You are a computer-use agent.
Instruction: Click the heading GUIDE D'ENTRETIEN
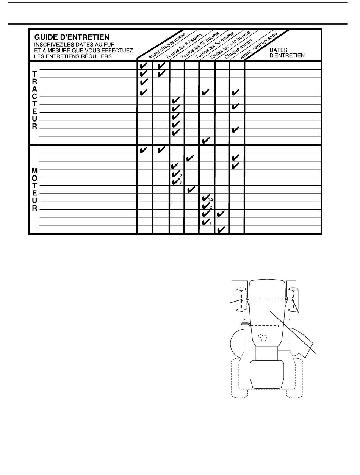pyautogui.click(x=72, y=37)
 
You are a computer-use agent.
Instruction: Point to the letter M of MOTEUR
pyautogui.click(x=34, y=171)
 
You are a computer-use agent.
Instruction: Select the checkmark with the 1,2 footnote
pyautogui.click(x=206, y=198)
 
